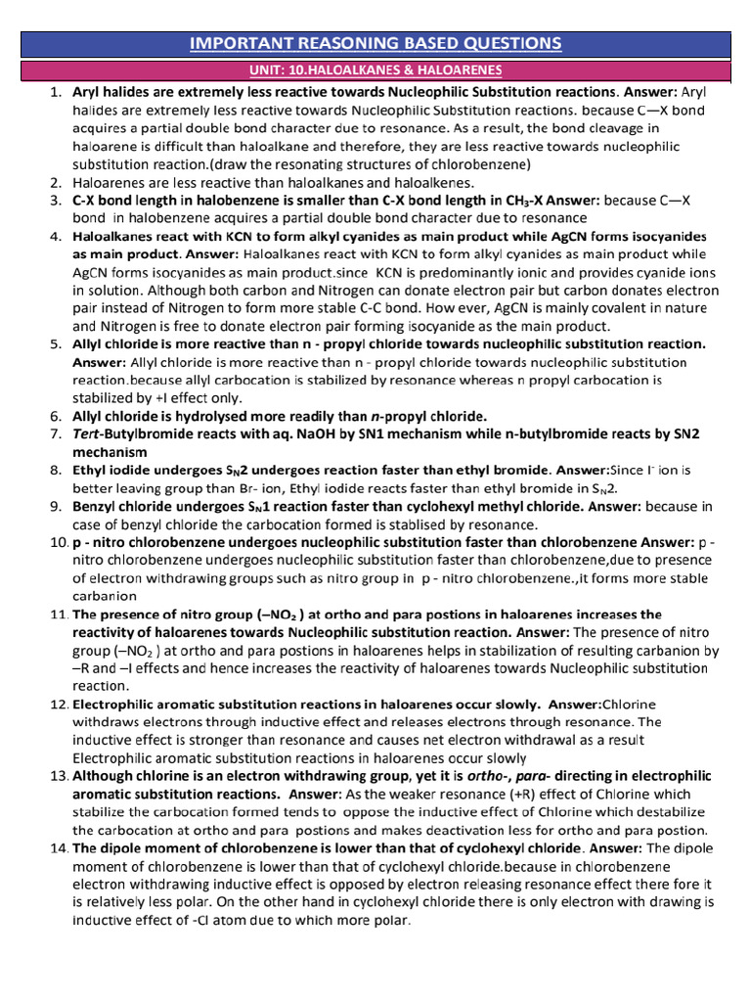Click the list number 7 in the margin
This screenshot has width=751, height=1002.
[56, 433]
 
